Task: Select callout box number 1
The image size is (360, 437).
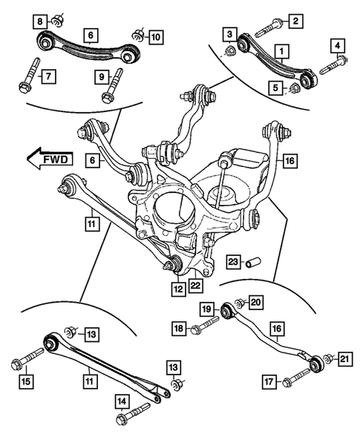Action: click(281, 51)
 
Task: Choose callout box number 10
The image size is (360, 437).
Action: click(155, 36)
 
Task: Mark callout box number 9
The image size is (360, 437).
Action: click(100, 75)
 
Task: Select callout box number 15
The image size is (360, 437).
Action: click(26, 382)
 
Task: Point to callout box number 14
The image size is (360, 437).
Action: click(120, 401)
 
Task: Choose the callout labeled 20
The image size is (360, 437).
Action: click(256, 302)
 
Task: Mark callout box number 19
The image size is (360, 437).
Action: click(207, 308)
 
